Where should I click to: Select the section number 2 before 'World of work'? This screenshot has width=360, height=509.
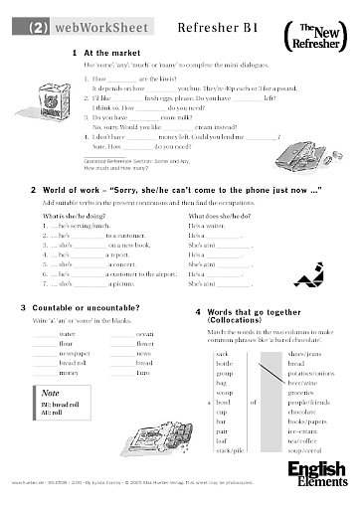coord(34,187)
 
